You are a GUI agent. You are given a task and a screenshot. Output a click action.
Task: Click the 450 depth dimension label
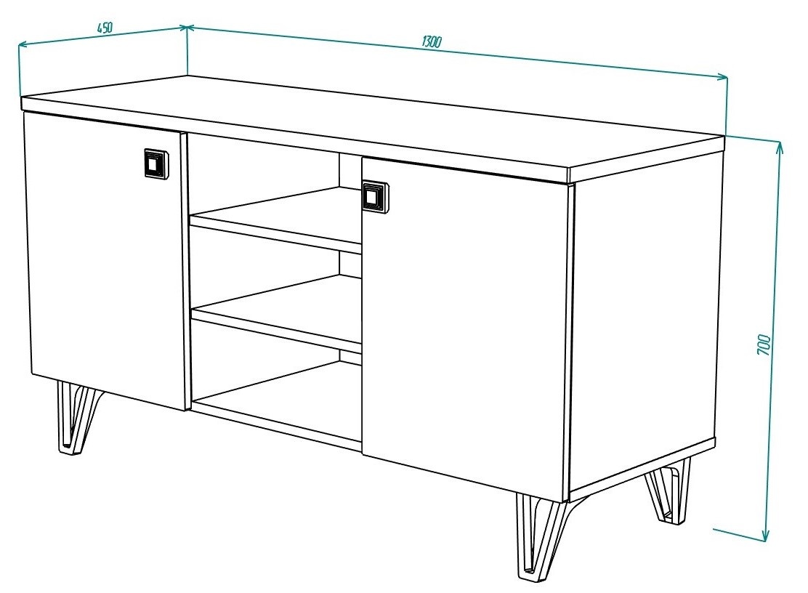pos(105,28)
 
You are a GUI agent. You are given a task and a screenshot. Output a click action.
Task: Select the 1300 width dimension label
pos(432,41)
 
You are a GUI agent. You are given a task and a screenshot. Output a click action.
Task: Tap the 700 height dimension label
pos(764,344)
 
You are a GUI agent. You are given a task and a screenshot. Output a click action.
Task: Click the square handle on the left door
pos(155,164)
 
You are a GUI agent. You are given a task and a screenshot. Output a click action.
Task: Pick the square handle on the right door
pos(375,196)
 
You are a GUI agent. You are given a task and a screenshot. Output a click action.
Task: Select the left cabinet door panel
pos(104,260)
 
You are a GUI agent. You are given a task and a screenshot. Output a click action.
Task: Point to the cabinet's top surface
pos(371,123)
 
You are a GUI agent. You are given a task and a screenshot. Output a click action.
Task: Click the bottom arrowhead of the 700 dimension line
pos(766,536)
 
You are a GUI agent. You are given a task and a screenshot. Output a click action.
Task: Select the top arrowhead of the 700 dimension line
pos(779,150)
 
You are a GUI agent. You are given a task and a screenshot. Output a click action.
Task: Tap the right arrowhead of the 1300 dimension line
pos(722,77)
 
